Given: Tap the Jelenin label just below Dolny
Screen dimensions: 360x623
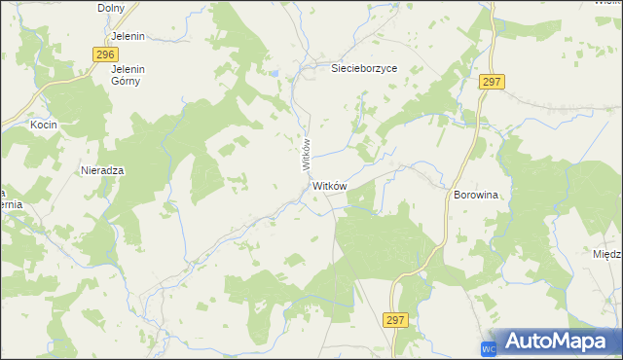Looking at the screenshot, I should coord(128,36).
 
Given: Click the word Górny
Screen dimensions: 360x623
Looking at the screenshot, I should coord(127,81).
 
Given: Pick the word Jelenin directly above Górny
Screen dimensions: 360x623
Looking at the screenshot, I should coord(128,69).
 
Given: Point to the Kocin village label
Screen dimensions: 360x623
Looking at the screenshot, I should coord(44,126).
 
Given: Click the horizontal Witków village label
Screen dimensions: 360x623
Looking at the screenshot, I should coord(330,185).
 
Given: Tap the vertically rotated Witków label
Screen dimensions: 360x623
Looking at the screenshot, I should coord(305,155).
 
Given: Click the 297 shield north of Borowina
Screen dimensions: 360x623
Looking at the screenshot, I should coord(491,83).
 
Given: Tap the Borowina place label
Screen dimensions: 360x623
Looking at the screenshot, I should coord(476,195).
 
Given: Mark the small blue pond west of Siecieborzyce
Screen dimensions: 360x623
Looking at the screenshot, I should coord(276,73).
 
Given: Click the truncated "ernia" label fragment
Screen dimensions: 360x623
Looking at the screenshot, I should coord(10,204).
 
